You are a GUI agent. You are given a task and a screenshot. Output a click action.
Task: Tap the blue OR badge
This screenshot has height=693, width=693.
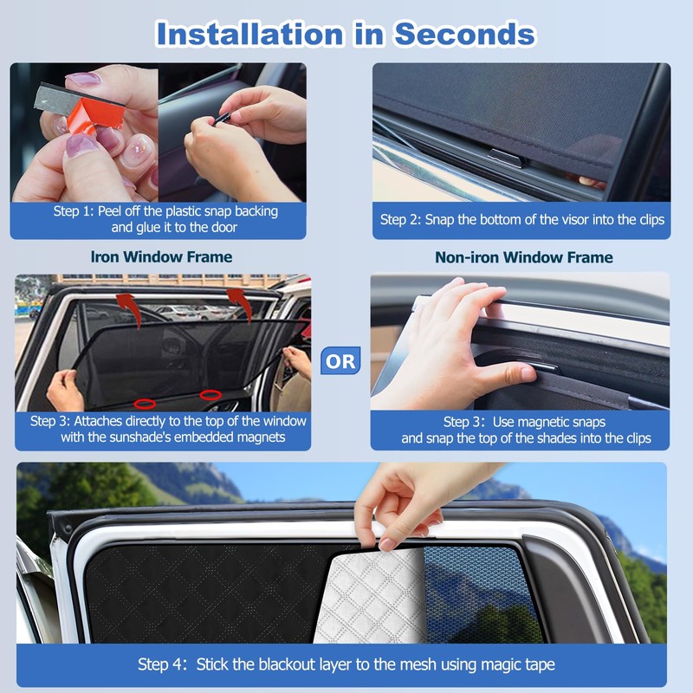(x=340, y=361)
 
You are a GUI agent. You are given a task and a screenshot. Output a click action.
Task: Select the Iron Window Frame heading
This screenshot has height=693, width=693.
(x=161, y=256)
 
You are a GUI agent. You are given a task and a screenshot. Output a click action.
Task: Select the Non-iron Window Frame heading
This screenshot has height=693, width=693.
(x=523, y=257)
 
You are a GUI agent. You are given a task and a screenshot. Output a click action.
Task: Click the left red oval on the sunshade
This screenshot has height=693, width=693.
(x=146, y=403)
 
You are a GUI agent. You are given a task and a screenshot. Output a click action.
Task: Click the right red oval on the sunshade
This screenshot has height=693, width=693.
(x=210, y=396)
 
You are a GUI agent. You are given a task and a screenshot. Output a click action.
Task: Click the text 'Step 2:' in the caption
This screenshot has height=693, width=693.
(x=400, y=219)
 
